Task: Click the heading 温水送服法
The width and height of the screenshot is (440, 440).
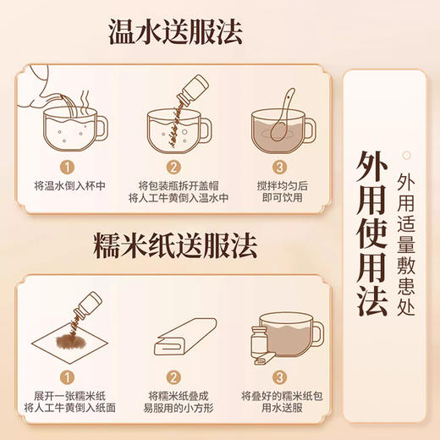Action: pos(175,31)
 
